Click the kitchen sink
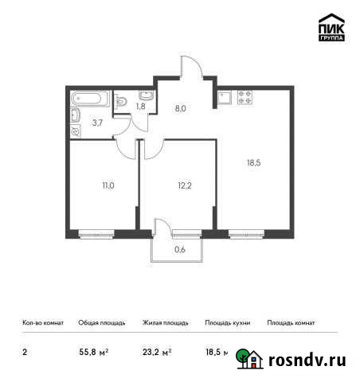[225, 99]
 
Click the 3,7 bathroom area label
[96, 122]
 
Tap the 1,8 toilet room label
[140, 105]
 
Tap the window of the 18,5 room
[246, 233]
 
